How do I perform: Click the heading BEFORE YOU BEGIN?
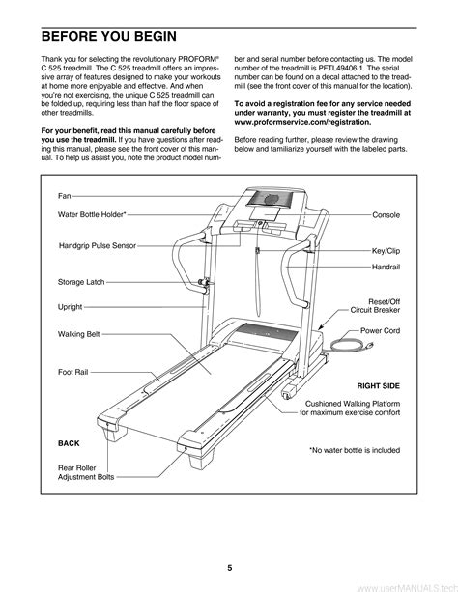[x=109, y=37]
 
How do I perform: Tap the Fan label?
[x=64, y=196]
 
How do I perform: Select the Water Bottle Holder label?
[x=92, y=214]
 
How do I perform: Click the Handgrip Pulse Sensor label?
[x=98, y=245]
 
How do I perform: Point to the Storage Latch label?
[x=81, y=282]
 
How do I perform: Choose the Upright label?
[x=70, y=307]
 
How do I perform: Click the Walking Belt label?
[x=79, y=334]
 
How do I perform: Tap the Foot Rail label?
[x=72, y=372]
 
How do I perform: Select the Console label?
[x=386, y=214]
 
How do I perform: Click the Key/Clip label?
[x=386, y=251]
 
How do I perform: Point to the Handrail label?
[x=386, y=267]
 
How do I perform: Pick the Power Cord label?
[x=380, y=330]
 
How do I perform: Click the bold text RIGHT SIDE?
[x=378, y=386]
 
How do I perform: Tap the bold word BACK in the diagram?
[x=69, y=443]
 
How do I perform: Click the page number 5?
[x=229, y=568]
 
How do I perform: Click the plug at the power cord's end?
[x=368, y=346]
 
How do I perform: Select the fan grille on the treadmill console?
[x=270, y=199]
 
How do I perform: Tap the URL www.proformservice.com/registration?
[x=302, y=122]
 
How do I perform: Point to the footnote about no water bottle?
[x=355, y=450]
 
